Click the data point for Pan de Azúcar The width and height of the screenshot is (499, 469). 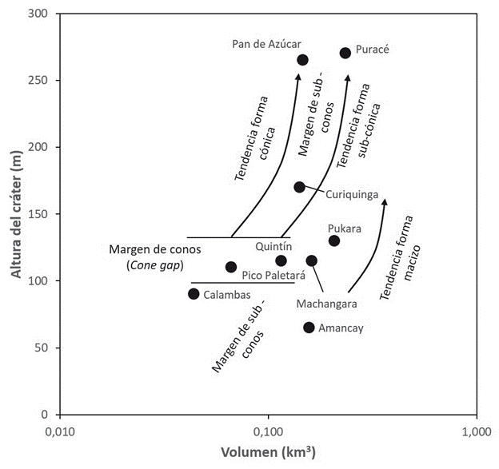coord(302,60)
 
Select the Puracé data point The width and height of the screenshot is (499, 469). coord(345,53)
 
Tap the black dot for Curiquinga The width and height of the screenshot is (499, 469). coord(300,187)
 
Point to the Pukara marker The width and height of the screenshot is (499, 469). coord(334,240)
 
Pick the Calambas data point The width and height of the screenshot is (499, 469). coord(194,293)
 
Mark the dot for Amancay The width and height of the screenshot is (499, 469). coord(309,327)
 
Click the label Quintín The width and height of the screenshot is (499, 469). coord(273,247)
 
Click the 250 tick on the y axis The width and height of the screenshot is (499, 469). coord(36,81)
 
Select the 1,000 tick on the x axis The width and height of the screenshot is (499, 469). coord(477,432)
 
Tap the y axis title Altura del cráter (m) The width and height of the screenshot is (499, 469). coord(15,214)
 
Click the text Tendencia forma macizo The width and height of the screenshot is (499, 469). coord(399,256)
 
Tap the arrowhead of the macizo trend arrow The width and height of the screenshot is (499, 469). coord(385,201)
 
